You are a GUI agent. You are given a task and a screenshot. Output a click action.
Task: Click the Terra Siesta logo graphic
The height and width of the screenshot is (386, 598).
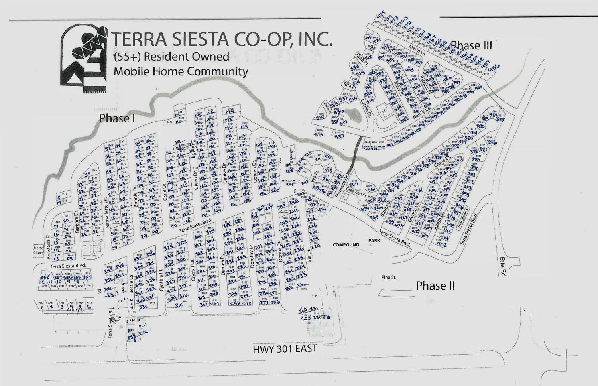(x=84, y=60)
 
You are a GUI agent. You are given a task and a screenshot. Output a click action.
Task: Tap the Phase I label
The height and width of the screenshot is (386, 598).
(x=114, y=118)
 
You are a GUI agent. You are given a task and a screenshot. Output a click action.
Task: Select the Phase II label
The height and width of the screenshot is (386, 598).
(x=435, y=286)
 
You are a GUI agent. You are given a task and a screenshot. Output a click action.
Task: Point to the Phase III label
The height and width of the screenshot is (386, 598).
(x=472, y=45)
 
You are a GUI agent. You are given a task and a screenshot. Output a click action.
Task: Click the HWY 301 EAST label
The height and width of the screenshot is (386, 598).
(x=285, y=349)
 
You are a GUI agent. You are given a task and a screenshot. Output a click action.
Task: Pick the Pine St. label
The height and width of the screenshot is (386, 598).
(x=388, y=277)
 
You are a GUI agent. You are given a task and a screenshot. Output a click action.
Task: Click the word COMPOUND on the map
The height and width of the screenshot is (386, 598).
(x=346, y=245)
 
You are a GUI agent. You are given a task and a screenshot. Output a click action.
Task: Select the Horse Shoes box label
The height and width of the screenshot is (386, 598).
(x=38, y=250)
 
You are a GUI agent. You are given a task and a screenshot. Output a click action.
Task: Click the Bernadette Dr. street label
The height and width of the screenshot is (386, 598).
(x=107, y=215)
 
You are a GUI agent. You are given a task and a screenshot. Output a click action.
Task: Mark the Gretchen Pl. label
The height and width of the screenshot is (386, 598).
(x=354, y=193)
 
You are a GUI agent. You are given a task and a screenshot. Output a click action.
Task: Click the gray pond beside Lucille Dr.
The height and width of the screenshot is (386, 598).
(x=354, y=115)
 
